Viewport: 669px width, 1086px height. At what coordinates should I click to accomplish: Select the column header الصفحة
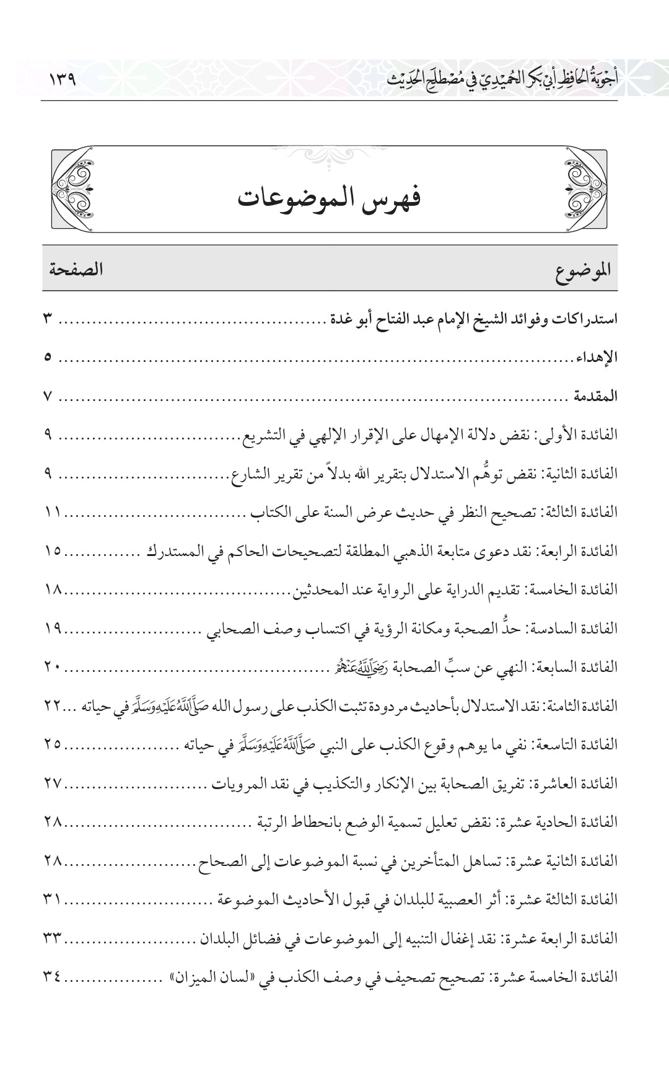(x=76, y=269)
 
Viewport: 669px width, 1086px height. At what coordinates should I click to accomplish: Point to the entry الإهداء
(x=597, y=358)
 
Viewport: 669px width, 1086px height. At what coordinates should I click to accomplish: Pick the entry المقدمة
(x=595, y=396)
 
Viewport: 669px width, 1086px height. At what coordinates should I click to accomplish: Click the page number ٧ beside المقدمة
(x=48, y=396)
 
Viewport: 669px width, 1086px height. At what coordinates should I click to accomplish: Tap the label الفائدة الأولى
(x=584, y=435)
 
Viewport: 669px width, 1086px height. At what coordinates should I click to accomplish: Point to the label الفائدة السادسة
(x=580, y=628)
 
